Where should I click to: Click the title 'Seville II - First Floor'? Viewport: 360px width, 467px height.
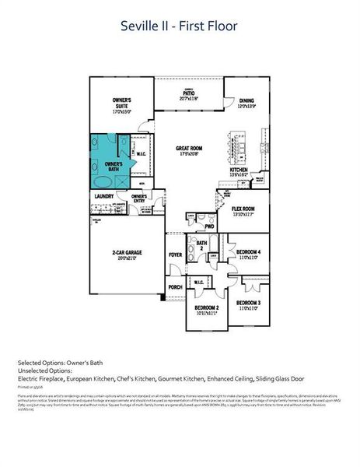coord(179,26)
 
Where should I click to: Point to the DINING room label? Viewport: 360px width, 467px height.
coord(246,102)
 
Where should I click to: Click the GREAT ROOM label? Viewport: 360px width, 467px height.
coord(188,149)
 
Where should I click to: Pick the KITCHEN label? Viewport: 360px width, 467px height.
coord(239,172)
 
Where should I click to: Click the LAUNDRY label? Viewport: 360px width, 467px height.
coord(104,196)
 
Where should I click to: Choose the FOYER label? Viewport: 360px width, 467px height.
coord(175,255)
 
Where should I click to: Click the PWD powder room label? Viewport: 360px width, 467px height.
coord(209,226)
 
